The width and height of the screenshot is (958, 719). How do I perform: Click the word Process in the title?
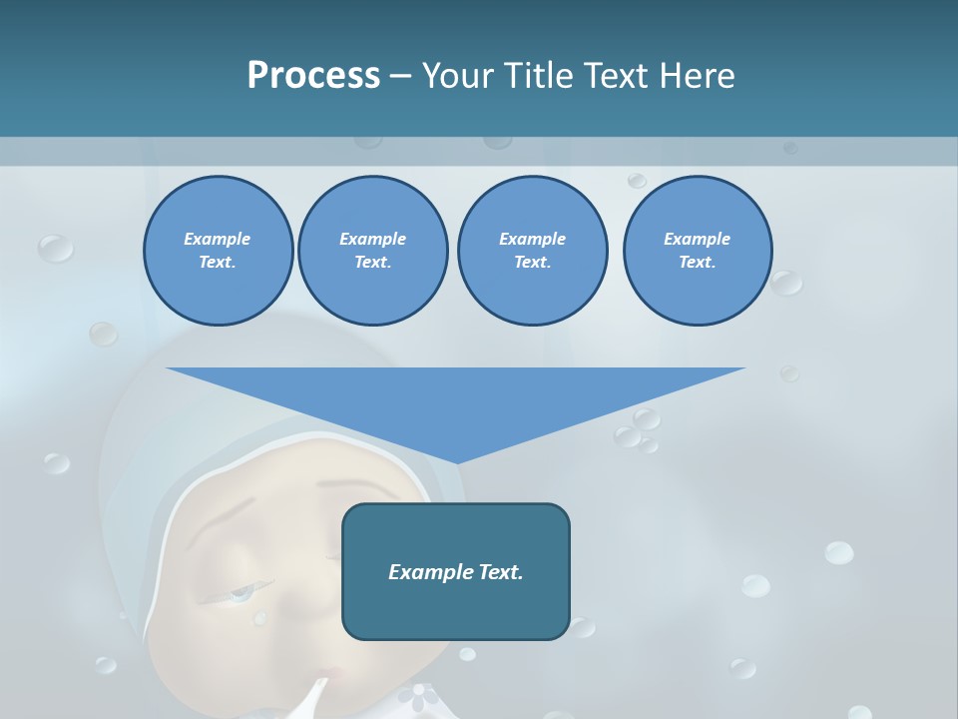[313, 76]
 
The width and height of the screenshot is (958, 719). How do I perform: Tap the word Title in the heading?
[538, 76]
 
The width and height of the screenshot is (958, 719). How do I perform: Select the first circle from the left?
[218, 251]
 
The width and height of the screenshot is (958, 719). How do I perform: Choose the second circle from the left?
[372, 251]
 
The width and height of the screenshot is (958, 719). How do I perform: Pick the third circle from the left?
[532, 251]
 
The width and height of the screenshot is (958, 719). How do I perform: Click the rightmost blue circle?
[697, 251]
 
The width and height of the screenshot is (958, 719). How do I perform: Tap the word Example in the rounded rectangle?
[427, 572]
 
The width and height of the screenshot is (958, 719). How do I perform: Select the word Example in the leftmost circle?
[218, 239]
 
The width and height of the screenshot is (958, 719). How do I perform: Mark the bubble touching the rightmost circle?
[786, 283]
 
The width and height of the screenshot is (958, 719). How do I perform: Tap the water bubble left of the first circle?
[55, 248]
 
